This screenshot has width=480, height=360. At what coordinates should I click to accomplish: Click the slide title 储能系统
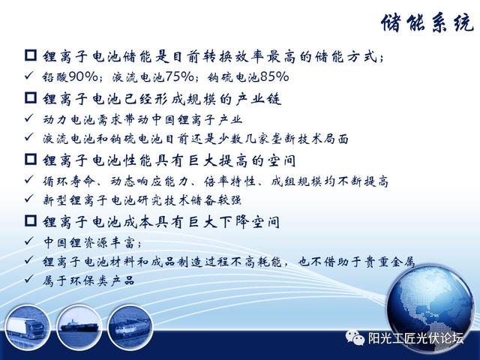tap(427, 22)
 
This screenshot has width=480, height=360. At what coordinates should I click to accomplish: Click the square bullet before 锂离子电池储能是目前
tap(31, 55)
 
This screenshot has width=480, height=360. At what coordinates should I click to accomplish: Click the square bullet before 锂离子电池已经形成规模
tap(31, 97)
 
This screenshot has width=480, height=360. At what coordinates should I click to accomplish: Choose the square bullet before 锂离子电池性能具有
tap(31, 159)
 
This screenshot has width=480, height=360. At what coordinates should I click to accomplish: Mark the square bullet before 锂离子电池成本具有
tap(31, 220)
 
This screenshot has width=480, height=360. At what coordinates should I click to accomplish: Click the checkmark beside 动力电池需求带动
tap(29, 118)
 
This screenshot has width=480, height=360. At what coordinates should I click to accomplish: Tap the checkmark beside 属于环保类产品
tap(29, 278)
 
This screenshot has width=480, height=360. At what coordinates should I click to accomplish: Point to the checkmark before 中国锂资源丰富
tap(29, 241)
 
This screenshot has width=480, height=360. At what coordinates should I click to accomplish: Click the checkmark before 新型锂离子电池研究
tap(29, 199)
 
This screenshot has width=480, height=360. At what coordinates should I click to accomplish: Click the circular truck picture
tap(27, 327)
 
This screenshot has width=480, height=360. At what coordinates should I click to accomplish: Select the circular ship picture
tap(79, 327)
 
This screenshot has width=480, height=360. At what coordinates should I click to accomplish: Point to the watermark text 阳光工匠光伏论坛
tap(415, 338)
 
